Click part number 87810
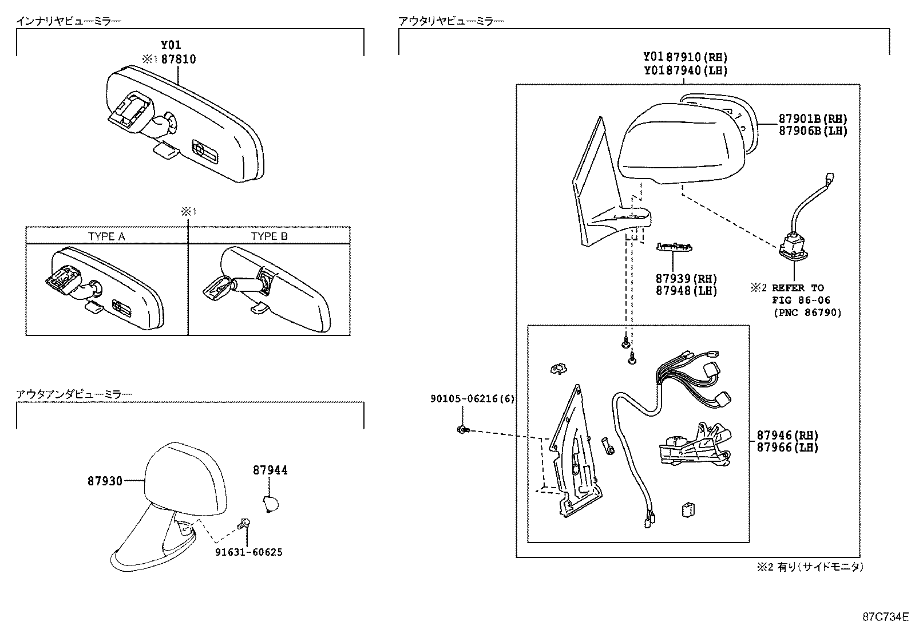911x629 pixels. point(178,59)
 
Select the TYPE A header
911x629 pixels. point(106,236)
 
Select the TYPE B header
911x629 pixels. point(269,236)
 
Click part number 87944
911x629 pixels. point(270,470)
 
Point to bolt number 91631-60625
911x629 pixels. point(248,552)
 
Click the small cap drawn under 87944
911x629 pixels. point(270,504)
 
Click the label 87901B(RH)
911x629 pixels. point(812,118)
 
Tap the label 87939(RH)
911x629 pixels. point(686,279)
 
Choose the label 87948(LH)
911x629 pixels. point(686,291)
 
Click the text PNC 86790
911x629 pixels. point(807,312)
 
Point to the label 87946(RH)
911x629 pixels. point(787,435)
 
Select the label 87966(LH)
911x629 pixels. point(787,447)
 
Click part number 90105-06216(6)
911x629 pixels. point(472,399)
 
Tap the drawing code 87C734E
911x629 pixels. point(886,616)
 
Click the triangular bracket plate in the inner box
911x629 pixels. point(575,452)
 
